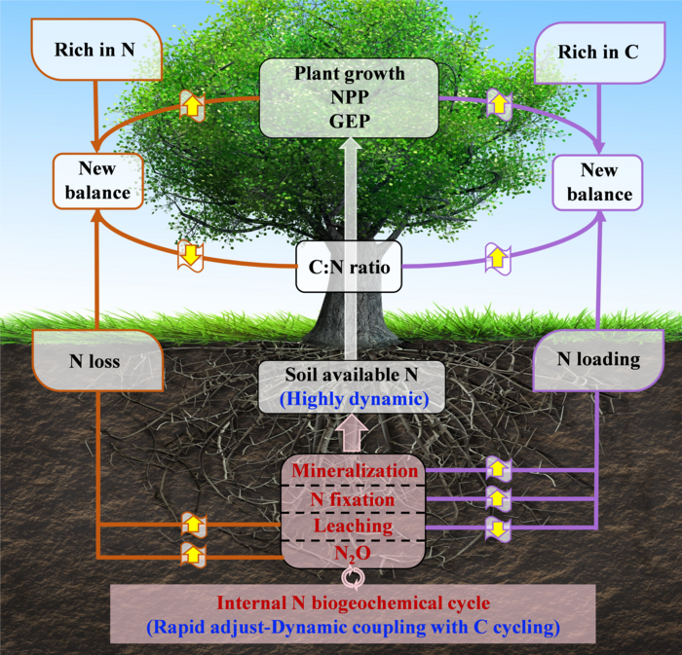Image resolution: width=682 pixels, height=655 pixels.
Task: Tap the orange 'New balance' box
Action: pos(97,182)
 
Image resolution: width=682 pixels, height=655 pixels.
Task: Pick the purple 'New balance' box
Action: pos(599,182)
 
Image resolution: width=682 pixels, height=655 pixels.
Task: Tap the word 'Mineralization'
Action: pos(352,471)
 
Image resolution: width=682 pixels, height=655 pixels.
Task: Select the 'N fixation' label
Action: pos(352,499)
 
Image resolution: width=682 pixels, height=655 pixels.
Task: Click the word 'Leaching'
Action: pos(352,527)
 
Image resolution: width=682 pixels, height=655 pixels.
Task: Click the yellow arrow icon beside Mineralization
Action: pos(498,471)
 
